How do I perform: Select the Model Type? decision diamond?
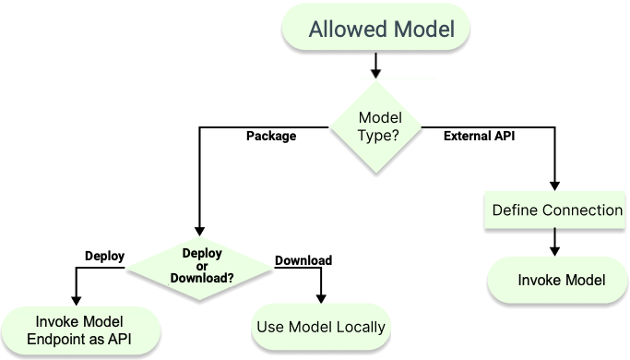point(378,127)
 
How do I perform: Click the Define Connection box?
point(556,210)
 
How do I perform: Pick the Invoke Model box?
point(561,281)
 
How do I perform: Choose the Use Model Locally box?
point(319,327)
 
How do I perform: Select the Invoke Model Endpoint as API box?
point(82,330)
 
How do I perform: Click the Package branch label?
point(271,137)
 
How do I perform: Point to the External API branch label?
point(479,137)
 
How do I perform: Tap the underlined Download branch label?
point(303,260)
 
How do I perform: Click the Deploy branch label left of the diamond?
point(104,256)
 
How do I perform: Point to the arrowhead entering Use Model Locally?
point(320,298)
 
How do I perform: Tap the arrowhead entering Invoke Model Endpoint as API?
point(77,299)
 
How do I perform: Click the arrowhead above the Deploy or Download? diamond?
point(198,233)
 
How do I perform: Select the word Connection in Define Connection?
point(582,210)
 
